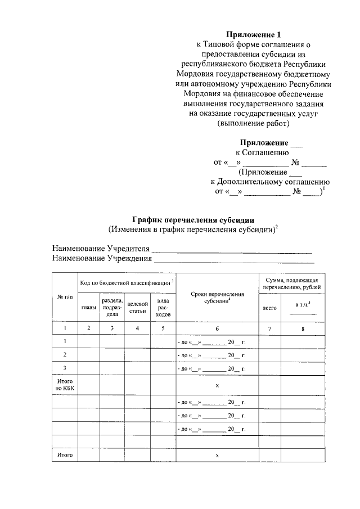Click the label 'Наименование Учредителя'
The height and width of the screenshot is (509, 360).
[101, 249]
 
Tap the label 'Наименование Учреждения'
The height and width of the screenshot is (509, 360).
[102, 259]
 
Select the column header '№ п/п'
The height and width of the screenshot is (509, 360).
[64, 297]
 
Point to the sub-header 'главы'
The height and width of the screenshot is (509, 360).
[88, 307]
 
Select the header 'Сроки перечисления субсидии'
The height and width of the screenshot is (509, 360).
[217, 298]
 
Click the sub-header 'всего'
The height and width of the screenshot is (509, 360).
[269, 308]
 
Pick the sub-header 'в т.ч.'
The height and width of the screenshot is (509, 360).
[303, 304]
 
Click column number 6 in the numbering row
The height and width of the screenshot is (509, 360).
[217, 328]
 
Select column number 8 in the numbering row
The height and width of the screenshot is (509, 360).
[303, 328]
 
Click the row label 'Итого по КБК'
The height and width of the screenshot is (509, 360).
[64, 385]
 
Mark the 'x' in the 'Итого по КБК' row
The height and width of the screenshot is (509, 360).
[217, 385]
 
